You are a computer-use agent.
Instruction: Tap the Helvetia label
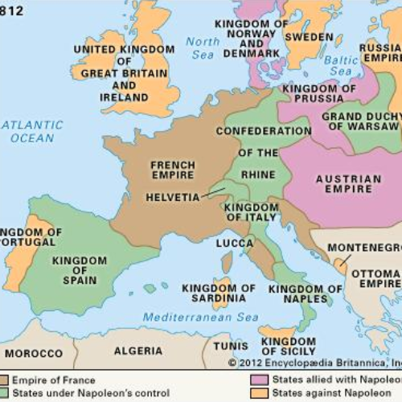pyautogui.click(x=172, y=196)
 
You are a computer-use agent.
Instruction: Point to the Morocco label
pyautogui.click(x=34, y=353)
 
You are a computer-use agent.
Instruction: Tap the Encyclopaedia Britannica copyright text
pyautogui.click(x=314, y=363)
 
